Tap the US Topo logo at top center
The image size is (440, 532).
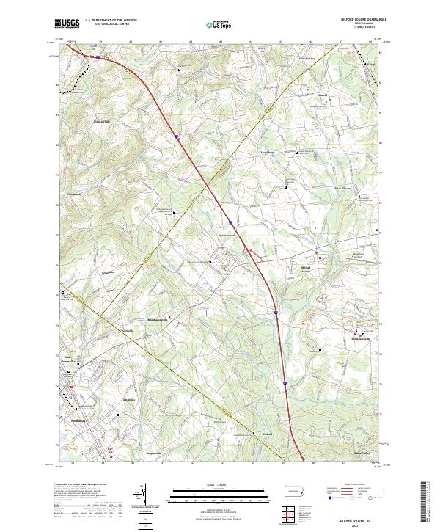pyautogui.click(x=214, y=23)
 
